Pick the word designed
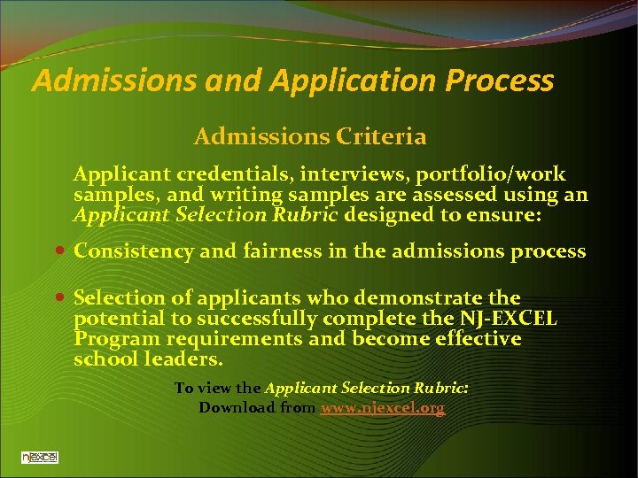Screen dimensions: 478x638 pos(386,215)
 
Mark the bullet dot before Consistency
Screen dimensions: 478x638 pos(59,251)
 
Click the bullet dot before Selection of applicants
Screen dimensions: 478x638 pos(59,297)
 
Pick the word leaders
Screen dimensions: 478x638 pos(184,359)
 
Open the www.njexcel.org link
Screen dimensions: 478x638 pos(383,408)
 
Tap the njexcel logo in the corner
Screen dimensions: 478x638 pos(40,457)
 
